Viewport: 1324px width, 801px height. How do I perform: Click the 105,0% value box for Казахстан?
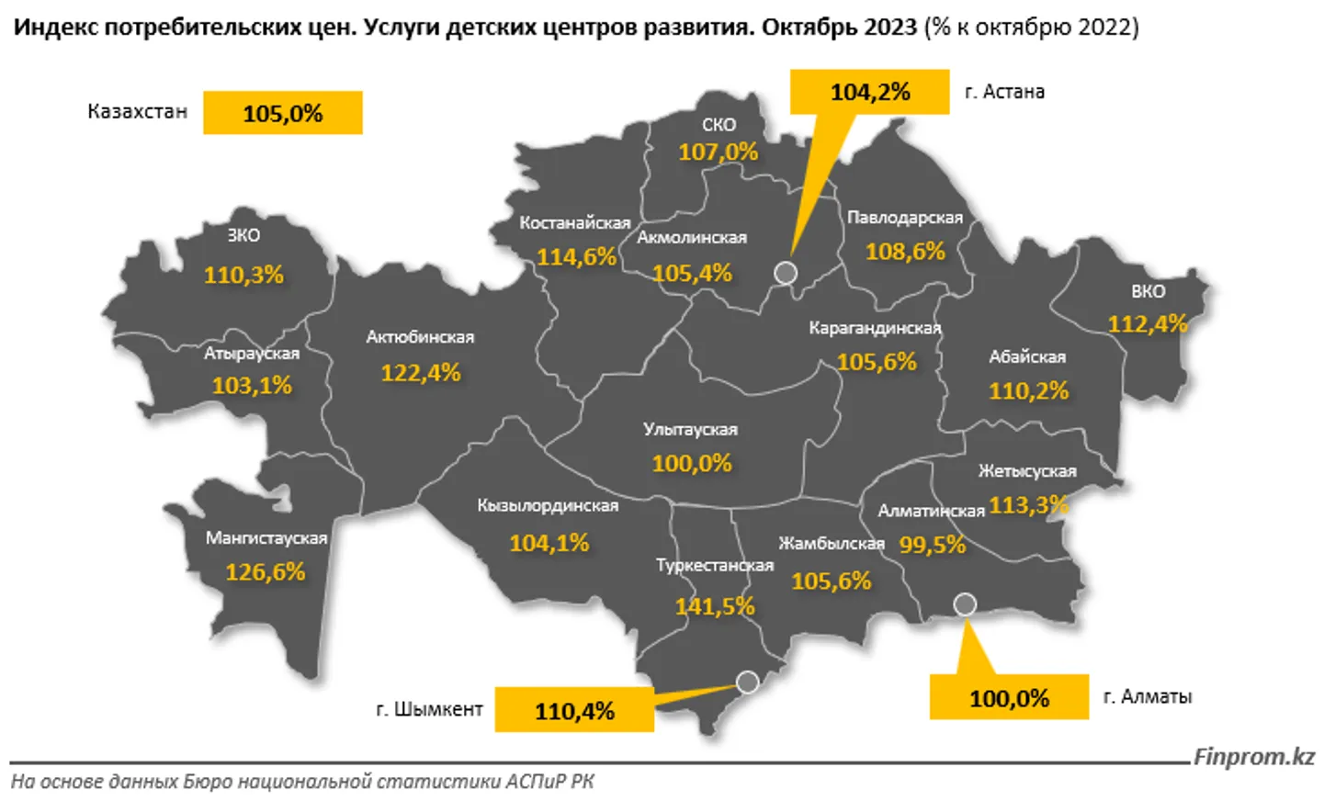[x=282, y=113]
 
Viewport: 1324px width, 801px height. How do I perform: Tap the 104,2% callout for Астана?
[x=869, y=92]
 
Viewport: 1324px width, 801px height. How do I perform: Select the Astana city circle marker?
[x=786, y=272]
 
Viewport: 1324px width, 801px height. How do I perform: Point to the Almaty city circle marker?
[x=965, y=604]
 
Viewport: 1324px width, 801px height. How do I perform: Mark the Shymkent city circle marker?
[x=748, y=682]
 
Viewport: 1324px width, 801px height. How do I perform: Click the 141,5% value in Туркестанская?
[x=715, y=606]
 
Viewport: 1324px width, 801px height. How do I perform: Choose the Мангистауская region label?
[x=266, y=538]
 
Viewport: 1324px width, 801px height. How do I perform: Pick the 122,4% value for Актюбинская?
[x=421, y=373]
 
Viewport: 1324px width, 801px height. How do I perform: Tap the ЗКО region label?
[x=243, y=235]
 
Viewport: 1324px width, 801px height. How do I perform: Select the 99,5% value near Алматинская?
[x=932, y=545]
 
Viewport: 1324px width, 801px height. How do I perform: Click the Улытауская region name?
[x=690, y=429]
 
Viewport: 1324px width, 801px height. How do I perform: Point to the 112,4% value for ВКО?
[x=1148, y=323]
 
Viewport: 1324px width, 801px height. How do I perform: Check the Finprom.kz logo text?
[x=1254, y=757]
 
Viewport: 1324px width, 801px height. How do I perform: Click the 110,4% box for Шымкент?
[x=574, y=710]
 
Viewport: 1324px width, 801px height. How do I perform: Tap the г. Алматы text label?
[x=1147, y=696]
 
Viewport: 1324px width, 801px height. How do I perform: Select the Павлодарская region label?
[x=905, y=218]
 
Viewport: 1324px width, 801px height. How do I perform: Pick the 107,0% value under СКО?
[x=719, y=152]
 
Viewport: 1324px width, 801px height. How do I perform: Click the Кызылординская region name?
[x=548, y=505]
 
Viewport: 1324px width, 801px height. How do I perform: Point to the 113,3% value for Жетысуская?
[x=1029, y=504]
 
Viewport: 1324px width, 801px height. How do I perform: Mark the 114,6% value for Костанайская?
[x=576, y=256]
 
